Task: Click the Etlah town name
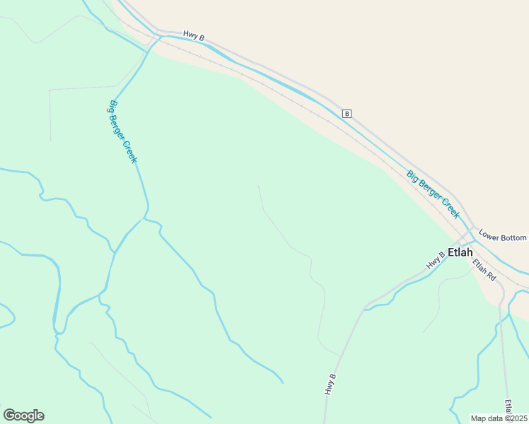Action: pyautogui.click(x=460, y=252)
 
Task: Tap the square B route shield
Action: pyautogui.click(x=347, y=113)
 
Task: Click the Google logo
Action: pyautogui.click(x=23, y=416)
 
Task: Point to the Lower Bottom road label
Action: pyautogui.click(x=503, y=235)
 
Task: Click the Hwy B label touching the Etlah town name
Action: pyautogui.click(x=435, y=259)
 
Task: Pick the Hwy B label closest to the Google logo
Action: pyautogui.click(x=330, y=383)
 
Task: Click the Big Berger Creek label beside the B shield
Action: pyautogui.click(x=433, y=193)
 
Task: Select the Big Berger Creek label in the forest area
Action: pyautogui.click(x=122, y=132)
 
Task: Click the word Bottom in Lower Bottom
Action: pyautogui.click(x=515, y=237)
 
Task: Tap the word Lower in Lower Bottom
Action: pyautogui.click(x=489, y=232)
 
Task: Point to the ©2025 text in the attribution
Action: pyautogui.click(x=515, y=418)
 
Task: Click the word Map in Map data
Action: pyautogui.click(x=478, y=418)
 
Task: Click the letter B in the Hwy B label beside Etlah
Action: pyautogui.click(x=441, y=254)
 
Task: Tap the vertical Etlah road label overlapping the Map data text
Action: pyautogui.click(x=508, y=408)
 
